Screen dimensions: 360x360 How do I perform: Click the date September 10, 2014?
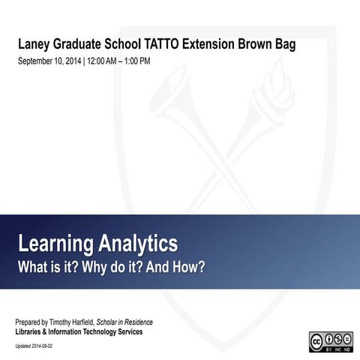tap(49, 61)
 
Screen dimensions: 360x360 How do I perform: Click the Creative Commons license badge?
tap(331, 341)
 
